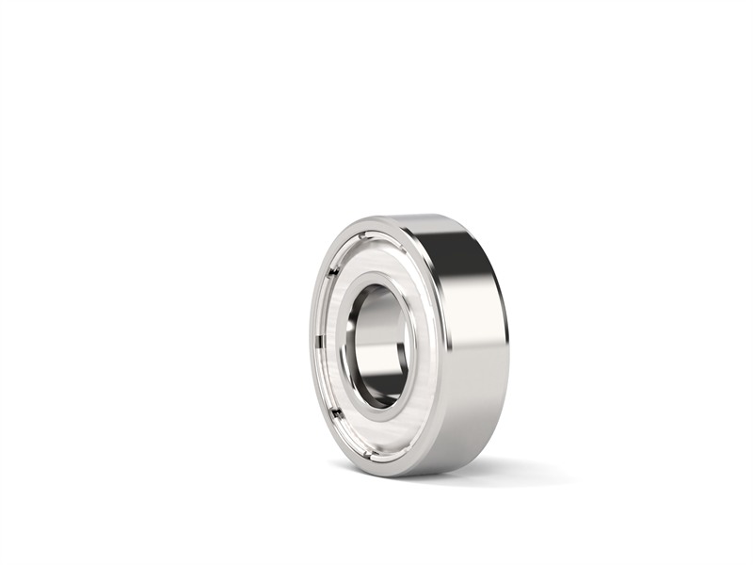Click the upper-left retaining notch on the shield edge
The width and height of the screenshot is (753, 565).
(331, 273)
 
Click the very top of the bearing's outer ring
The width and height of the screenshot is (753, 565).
(414, 216)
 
